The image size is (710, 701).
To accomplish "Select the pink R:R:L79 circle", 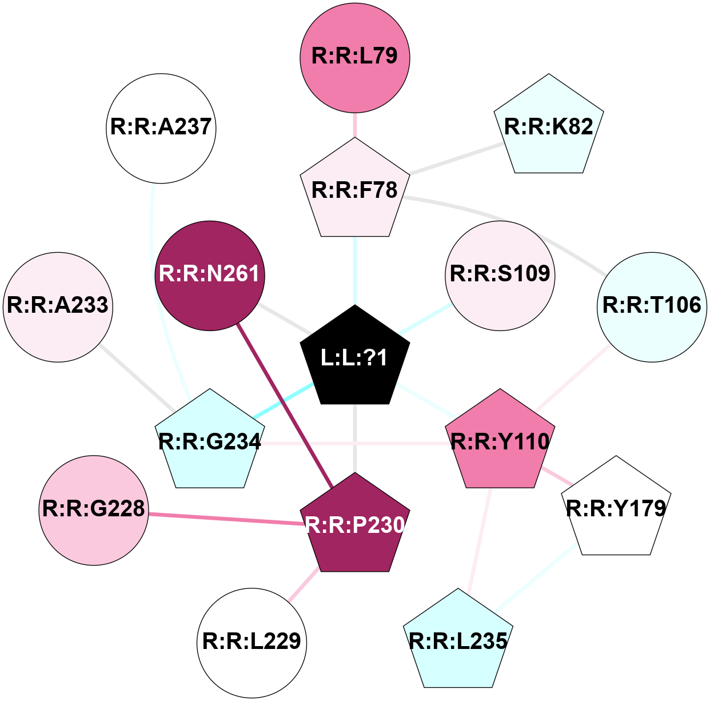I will (355, 56).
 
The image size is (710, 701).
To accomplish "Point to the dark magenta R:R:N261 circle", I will (210, 275).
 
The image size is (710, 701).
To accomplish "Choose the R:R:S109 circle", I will (500, 275).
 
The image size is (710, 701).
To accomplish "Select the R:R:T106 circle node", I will (652, 306).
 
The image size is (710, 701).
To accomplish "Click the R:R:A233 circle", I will (58, 306).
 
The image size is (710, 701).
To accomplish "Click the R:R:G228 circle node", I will (94, 509).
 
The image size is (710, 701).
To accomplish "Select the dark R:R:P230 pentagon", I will (355, 525).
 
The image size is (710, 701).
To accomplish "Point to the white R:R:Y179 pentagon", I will (616, 509).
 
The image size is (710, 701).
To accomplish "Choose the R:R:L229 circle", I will (252, 642).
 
